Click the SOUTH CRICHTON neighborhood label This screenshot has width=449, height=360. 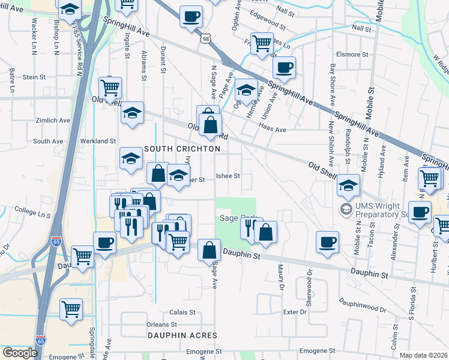(182, 148)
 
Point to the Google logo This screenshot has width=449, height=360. (20, 353)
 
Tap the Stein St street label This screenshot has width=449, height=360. (34, 77)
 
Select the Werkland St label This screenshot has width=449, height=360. (100, 140)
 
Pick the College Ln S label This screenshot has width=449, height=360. (32, 212)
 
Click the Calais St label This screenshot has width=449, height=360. (183, 312)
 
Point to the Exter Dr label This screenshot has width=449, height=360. (295, 312)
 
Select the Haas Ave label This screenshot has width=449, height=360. (272, 128)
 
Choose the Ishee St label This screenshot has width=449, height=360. (228, 176)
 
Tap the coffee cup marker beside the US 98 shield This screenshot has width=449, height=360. (191, 17)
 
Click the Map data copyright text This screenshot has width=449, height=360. (423, 355)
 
